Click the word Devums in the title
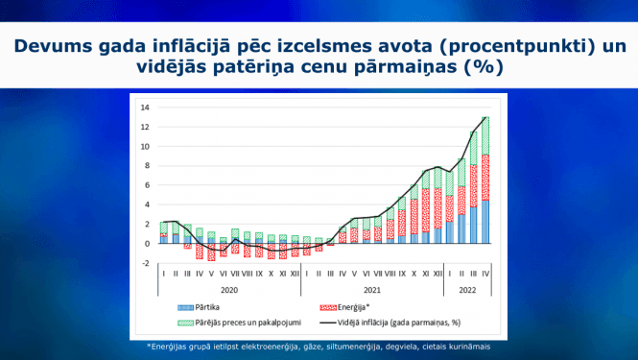pos(56,46)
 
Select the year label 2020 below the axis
pos(229,288)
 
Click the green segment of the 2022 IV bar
pos(486,135)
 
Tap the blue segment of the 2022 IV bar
pos(486,222)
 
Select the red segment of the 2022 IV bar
pos(486,177)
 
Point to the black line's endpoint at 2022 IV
pos(486,117)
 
